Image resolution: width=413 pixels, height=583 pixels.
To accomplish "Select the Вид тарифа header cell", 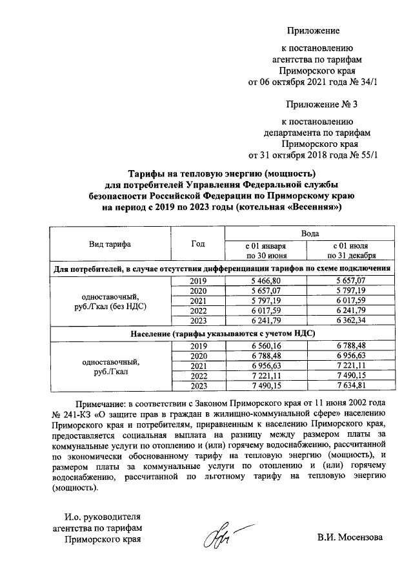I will point(110,244).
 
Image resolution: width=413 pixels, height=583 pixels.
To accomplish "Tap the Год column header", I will point(198,244).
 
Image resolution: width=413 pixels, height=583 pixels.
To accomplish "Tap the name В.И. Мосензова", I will point(350,537).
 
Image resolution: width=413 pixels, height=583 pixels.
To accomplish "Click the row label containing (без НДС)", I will point(110,307).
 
